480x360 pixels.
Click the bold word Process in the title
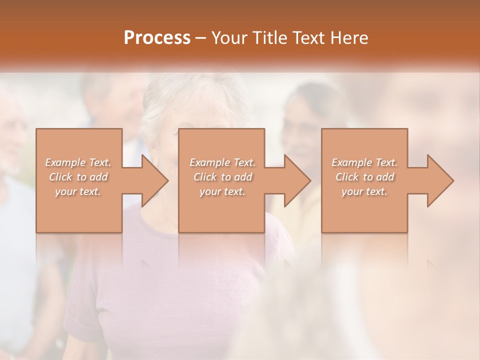(x=157, y=38)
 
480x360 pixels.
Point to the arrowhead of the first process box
(x=154, y=180)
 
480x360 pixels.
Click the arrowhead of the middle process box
(x=297, y=180)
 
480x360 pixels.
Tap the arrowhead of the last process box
(x=440, y=180)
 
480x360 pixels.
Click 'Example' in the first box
(x=65, y=162)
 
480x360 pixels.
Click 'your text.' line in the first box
(x=78, y=191)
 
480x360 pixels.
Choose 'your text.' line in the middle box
(x=222, y=191)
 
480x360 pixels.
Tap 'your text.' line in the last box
(x=364, y=191)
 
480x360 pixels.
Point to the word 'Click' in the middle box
(x=204, y=177)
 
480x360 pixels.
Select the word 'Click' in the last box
(x=346, y=177)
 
